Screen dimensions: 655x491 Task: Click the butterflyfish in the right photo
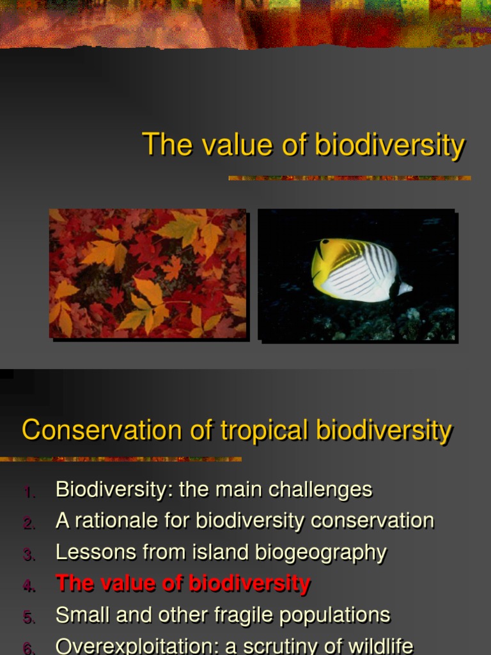pos(358,269)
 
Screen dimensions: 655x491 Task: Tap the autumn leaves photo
pos(148,273)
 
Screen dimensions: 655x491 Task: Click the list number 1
pos(29,492)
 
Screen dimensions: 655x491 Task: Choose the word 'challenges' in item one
pos(320,490)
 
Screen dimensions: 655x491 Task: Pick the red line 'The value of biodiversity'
pos(183,583)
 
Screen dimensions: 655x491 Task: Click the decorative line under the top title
pos(349,178)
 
